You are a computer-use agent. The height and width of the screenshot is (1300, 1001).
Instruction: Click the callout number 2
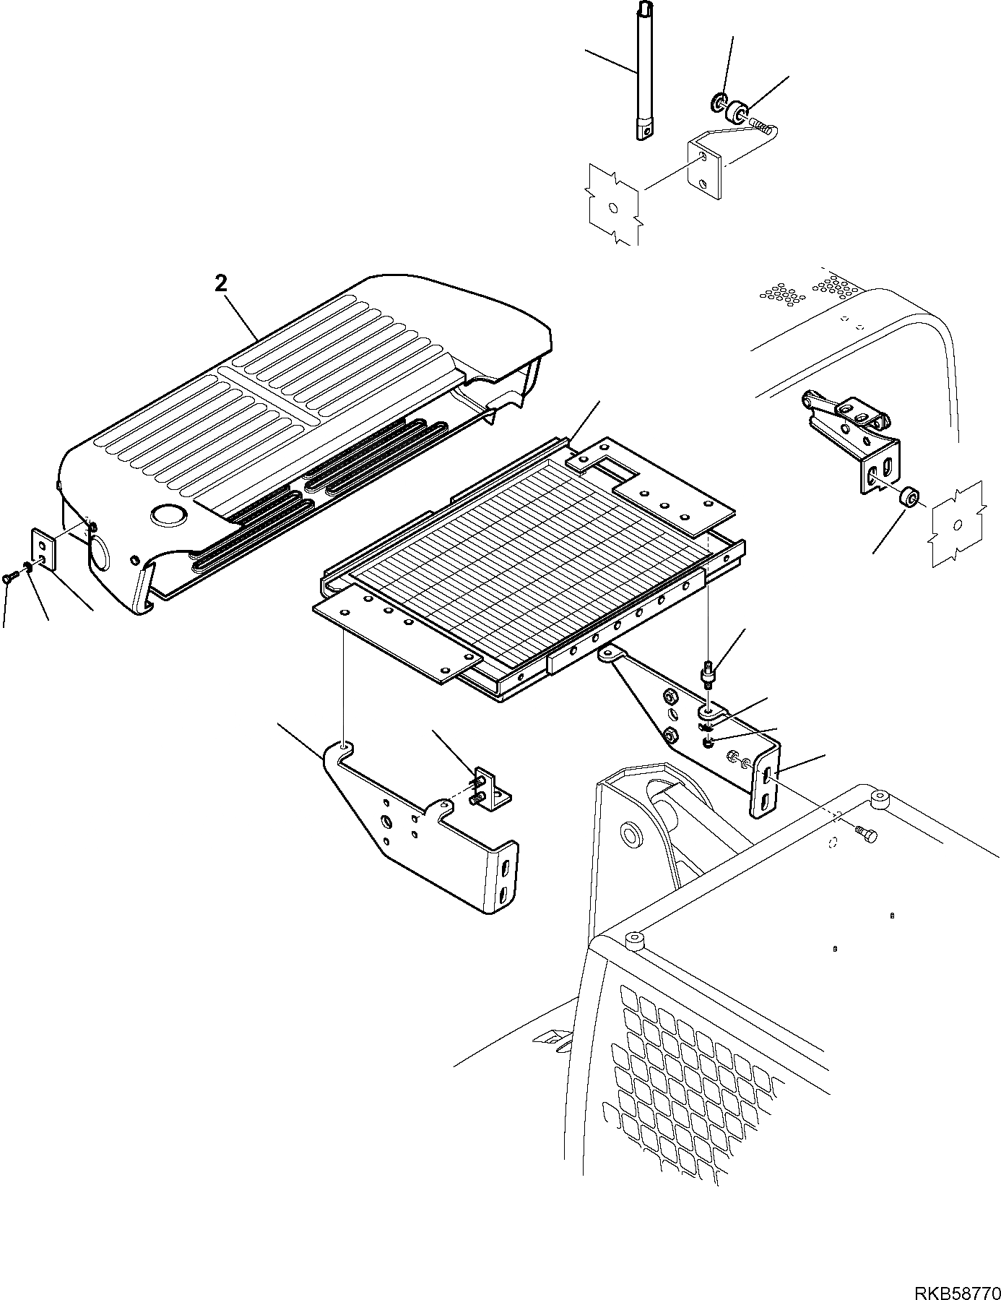(x=221, y=284)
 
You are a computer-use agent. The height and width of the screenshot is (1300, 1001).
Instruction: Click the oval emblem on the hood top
(x=168, y=515)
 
